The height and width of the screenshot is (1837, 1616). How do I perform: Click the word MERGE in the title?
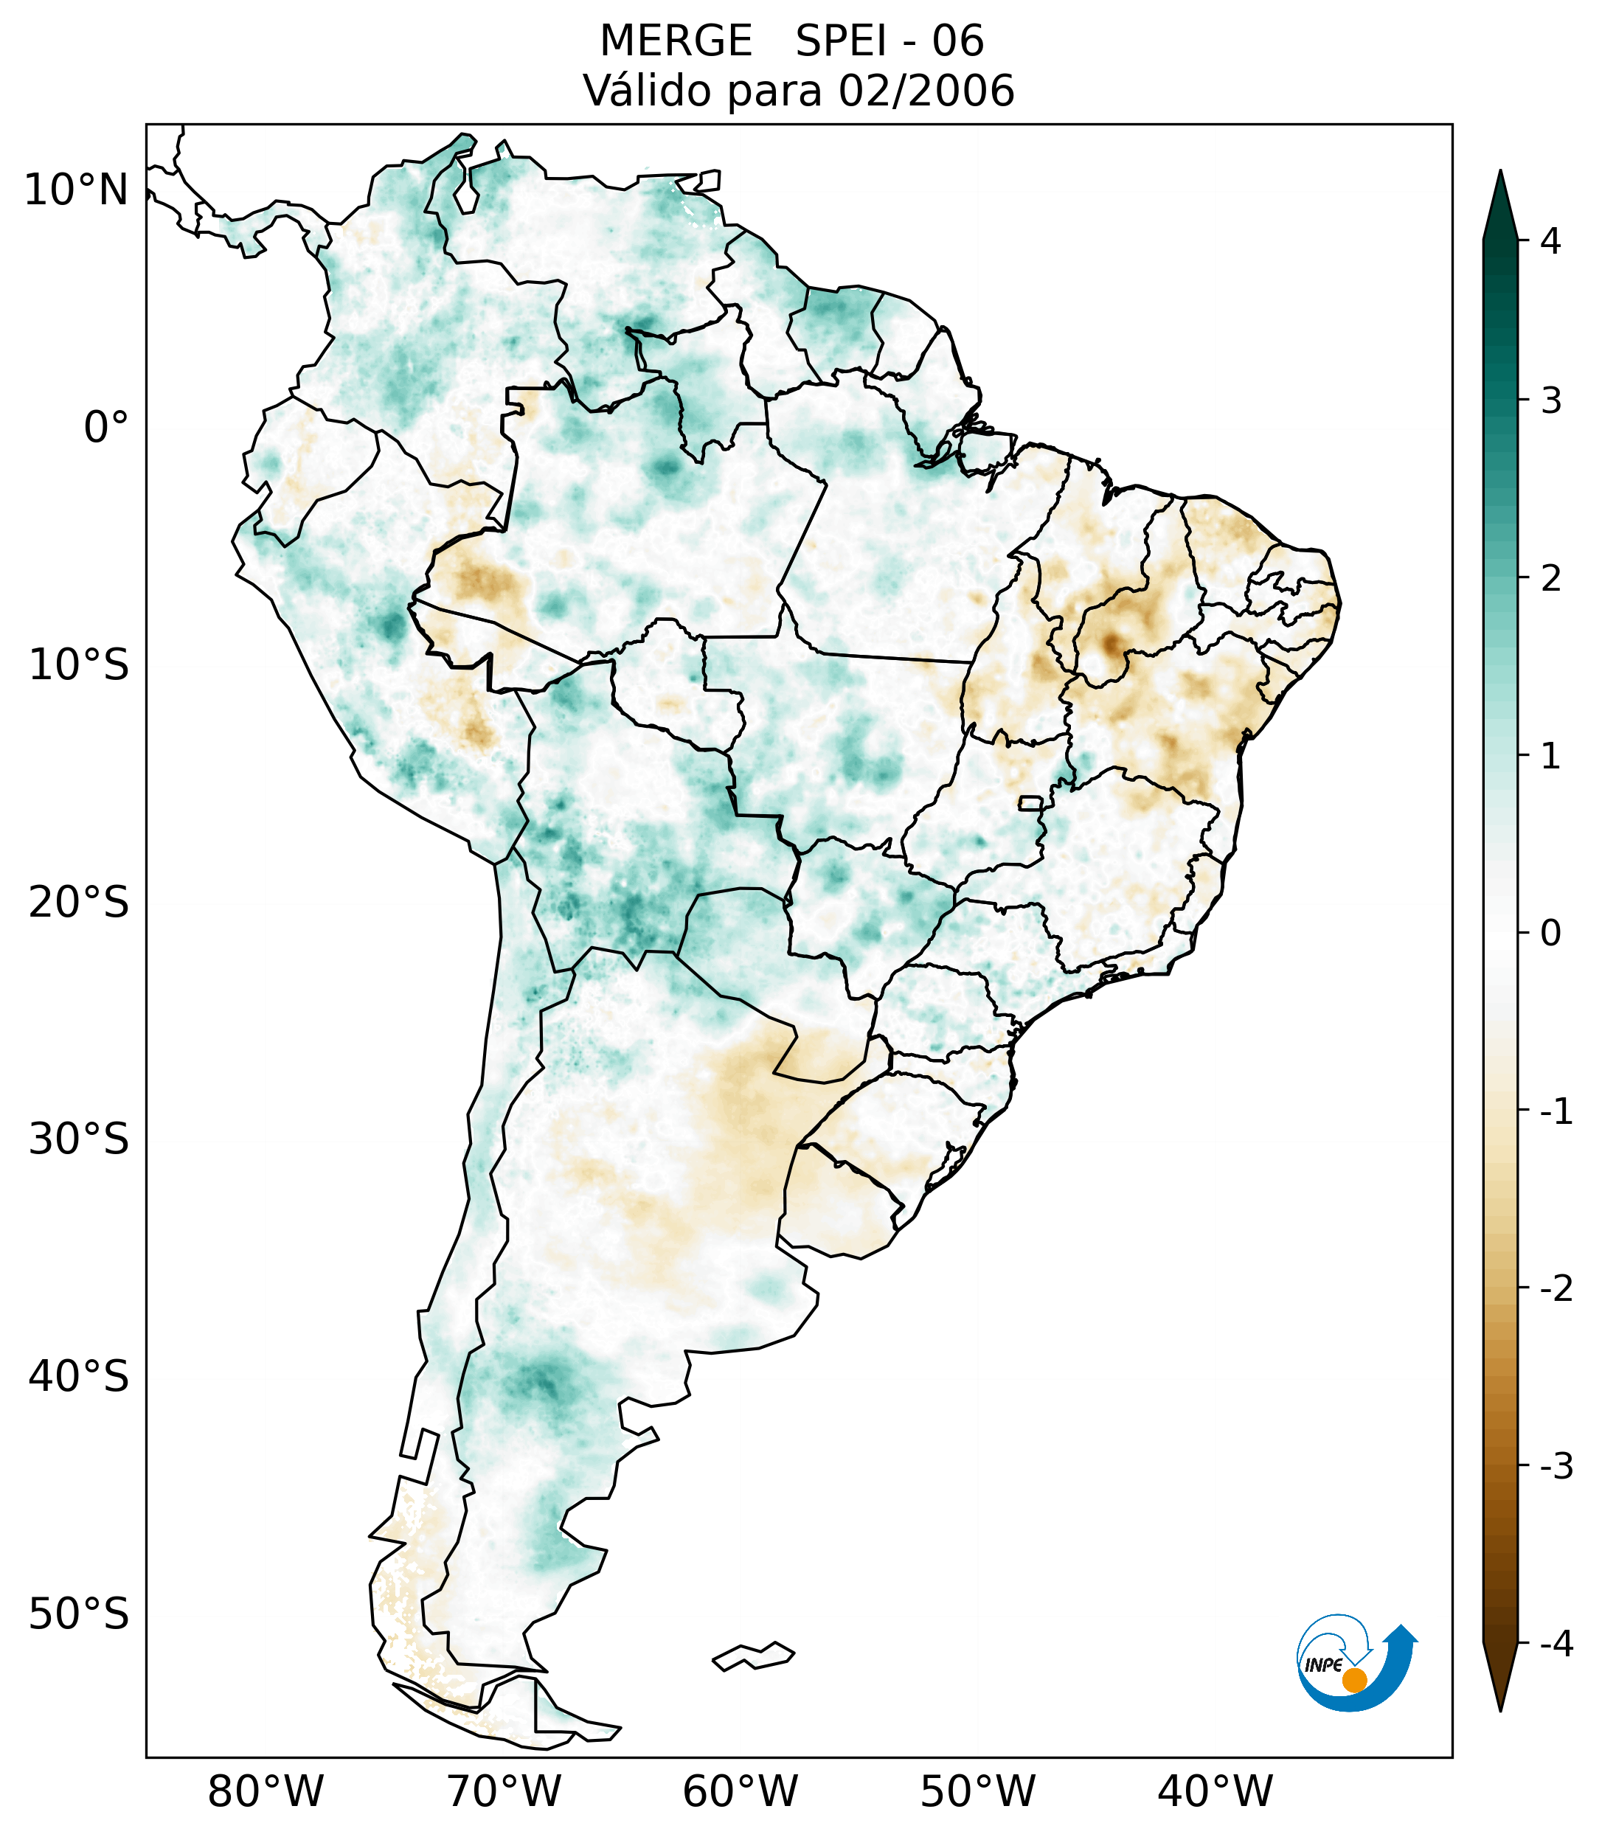coord(676,41)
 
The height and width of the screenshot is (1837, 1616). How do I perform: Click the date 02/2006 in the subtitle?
coord(926,91)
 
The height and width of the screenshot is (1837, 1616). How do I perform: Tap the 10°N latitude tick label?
coord(77,190)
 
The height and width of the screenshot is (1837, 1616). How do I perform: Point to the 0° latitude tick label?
coord(106,428)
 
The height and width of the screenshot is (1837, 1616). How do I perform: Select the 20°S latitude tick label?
coord(79,903)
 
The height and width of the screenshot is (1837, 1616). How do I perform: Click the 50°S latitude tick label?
coord(79,1615)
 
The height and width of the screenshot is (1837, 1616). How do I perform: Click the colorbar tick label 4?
coord(1551,241)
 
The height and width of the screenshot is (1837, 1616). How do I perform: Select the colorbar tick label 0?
coord(1551,934)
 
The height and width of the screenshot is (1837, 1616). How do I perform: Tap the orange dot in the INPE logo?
coord(1354,1680)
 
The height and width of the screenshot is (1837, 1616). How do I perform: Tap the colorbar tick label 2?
coord(1551,579)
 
